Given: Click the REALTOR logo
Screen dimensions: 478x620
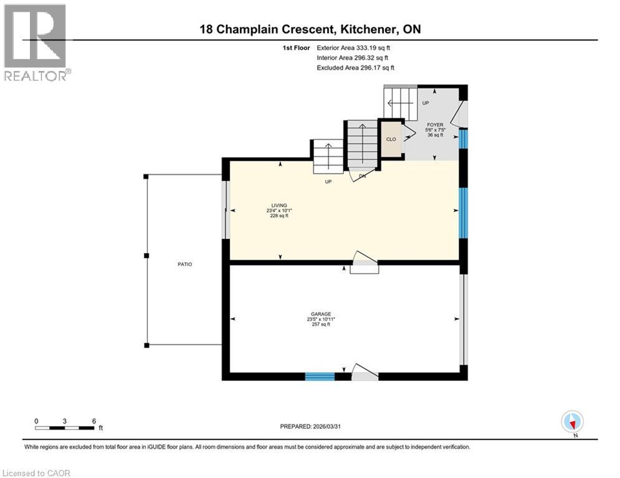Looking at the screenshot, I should (x=36, y=42).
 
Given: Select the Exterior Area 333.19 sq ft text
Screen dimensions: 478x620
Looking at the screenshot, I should (x=354, y=47).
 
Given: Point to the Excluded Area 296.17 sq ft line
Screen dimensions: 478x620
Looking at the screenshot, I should (x=355, y=68).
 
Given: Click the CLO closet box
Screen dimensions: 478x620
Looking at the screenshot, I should (x=391, y=139).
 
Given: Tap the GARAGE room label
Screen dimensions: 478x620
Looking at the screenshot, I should (x=320, y=314).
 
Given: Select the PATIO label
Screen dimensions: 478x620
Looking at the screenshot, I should (x=184, y=265).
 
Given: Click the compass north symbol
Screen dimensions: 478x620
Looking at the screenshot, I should (x=572, y=422).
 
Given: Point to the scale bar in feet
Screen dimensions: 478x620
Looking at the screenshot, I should (x=65, y=428).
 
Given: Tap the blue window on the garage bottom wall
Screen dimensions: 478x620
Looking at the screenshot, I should (x=320, y=376).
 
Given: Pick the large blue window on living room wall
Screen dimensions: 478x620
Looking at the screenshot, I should (x=463, y=212).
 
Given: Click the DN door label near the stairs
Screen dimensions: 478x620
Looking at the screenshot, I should (x=362, y=176).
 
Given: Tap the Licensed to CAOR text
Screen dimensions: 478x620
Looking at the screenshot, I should (x=36, y=473).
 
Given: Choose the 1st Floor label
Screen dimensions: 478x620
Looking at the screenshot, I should (x=297, y=47).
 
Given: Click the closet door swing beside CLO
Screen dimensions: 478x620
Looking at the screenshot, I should (x=409, y=133).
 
